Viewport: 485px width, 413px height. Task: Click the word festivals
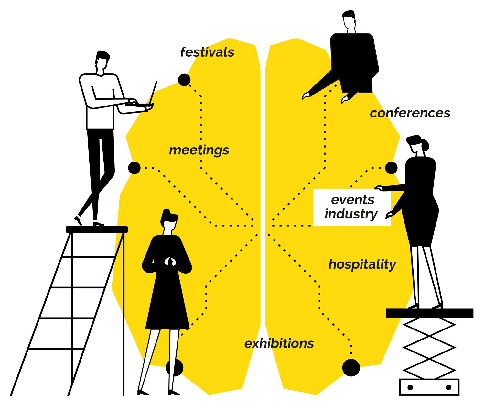click(207, 52)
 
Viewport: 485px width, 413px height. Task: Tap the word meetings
click(199, 150)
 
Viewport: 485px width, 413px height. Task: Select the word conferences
click(410, 113)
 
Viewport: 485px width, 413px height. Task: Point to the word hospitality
click(362, 264)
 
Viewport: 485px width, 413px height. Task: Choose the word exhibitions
click(279, 343)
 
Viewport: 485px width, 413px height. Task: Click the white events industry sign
click(352, 207)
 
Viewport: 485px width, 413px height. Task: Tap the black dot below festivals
click(184, 80)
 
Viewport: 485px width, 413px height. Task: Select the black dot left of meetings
click(134, 168)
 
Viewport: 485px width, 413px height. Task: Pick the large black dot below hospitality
click(351, 368)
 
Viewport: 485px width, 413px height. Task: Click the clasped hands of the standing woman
click(170, 261)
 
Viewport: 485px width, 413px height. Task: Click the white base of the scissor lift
click(429, 387)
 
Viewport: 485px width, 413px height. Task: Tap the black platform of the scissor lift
click(429, 313)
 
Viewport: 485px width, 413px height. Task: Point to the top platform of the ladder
click(97, 229)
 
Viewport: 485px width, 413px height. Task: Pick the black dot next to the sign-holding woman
click(391, 168)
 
